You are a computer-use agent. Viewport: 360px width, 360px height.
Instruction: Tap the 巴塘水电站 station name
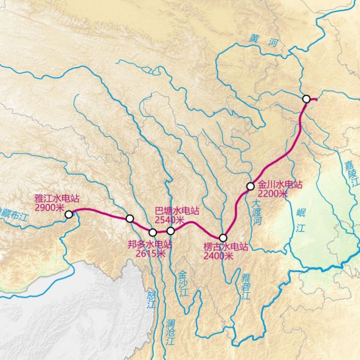point(177,211)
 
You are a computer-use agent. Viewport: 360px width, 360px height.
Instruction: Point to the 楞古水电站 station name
point(225,247)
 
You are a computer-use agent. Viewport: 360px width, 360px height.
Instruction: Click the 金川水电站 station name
point(279,185)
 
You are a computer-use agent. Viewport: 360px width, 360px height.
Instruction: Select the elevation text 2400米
point(218,256)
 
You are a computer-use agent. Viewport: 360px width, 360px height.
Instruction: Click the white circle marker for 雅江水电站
point(69,215)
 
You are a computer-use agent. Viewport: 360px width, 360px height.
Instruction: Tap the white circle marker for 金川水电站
point(251,186)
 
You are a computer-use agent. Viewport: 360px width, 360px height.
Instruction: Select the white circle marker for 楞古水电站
point(223,238)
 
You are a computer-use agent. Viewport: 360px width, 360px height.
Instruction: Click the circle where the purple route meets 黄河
point(306,99)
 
